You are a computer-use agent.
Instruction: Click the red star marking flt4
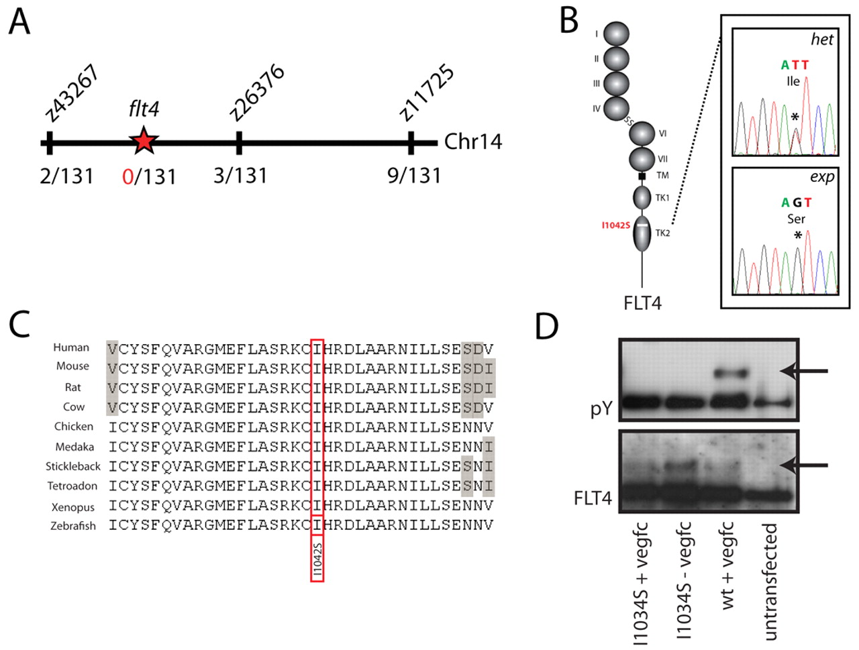144,141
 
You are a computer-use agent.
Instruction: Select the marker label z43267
72,93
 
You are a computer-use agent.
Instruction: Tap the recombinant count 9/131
415,176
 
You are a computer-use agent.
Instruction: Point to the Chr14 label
472,142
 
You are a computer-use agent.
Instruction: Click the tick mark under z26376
239,143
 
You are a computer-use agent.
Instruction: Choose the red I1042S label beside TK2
616,225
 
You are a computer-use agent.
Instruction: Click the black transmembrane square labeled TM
642,176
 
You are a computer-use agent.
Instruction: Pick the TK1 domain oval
642,198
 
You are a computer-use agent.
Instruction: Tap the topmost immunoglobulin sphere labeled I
616,34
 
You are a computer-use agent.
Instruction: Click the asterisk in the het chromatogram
795,117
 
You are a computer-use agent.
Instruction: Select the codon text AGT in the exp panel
797,203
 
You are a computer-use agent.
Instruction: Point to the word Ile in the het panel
793,81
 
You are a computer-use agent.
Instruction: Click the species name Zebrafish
72,526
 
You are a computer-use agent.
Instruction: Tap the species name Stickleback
72,466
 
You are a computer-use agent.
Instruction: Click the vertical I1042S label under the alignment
317,559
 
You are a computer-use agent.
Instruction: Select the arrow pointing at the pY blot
804,371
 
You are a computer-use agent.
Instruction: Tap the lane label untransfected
770,582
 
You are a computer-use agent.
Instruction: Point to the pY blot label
601,409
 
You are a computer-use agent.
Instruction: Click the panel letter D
546,325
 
